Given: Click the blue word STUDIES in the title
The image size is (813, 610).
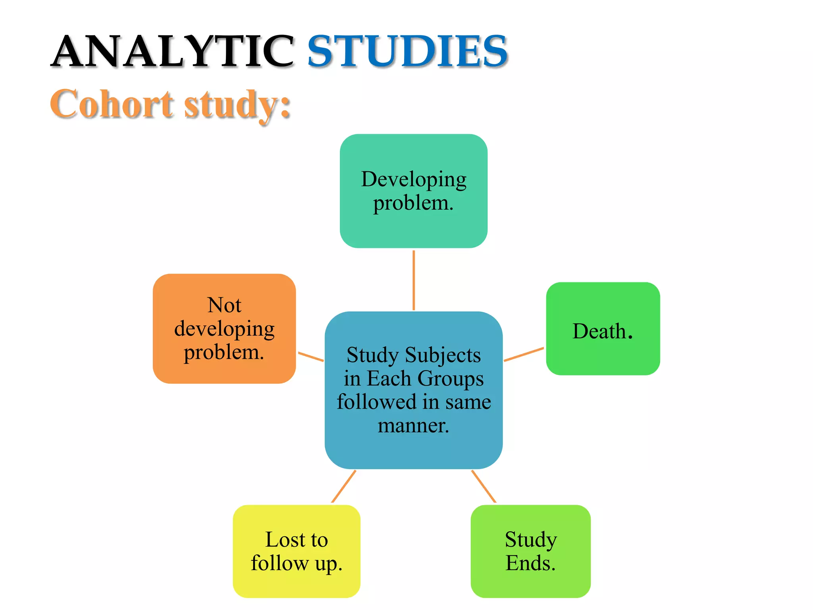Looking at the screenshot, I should point(407,52).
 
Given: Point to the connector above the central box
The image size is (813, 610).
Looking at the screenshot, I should point(414,280).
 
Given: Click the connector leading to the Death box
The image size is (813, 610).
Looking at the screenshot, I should point(524,354).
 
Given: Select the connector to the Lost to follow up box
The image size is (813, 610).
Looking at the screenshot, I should point(343,486).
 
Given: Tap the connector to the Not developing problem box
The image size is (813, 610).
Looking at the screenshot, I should point(310,356).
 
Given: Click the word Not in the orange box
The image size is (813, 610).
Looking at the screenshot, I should point(224,305).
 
